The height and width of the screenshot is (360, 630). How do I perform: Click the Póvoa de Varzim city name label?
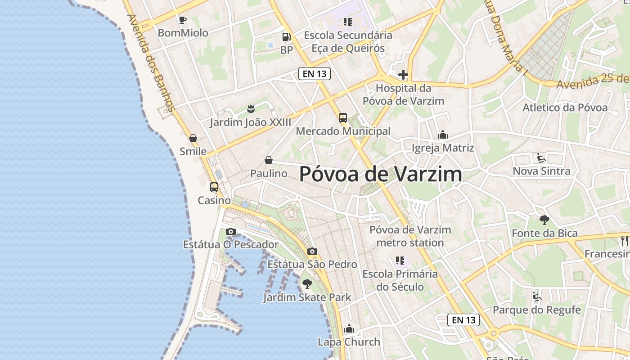(x=380, y=174)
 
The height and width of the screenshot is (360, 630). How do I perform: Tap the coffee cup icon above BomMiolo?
(x=182, y=20)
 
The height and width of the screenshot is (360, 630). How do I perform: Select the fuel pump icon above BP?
(x=286, y=37)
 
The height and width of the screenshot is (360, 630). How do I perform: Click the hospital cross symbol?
(x=403, y=75)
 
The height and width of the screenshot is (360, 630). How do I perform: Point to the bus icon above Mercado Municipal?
(x=343, y=118)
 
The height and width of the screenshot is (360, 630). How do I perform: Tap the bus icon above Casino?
(x=214, y=187)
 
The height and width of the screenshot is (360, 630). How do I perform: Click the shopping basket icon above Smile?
(x=193, y=138)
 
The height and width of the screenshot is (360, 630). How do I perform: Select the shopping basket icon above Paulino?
(x=269, y=160)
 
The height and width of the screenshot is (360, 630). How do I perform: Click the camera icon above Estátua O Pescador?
(x=231, y=232)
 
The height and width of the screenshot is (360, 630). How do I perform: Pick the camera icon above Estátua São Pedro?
(x=312, y=252)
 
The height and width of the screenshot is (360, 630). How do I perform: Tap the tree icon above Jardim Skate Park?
(x=307, y=284)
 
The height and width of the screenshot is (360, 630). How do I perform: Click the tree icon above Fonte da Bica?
(x=544, y=220)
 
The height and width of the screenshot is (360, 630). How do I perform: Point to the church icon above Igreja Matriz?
(x=443, y=135)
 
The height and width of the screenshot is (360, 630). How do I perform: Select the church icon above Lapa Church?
(x=349, y=329)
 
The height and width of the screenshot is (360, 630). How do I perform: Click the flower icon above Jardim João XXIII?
(x=251, y=108)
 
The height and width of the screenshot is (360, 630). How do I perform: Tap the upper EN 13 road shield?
(x=315, y=74)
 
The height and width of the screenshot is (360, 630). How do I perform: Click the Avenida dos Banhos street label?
(x=151, y=63)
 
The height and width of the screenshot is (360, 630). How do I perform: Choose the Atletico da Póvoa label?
(x=565, y=108)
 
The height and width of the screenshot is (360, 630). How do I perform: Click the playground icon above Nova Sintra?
(x=541, y=158)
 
